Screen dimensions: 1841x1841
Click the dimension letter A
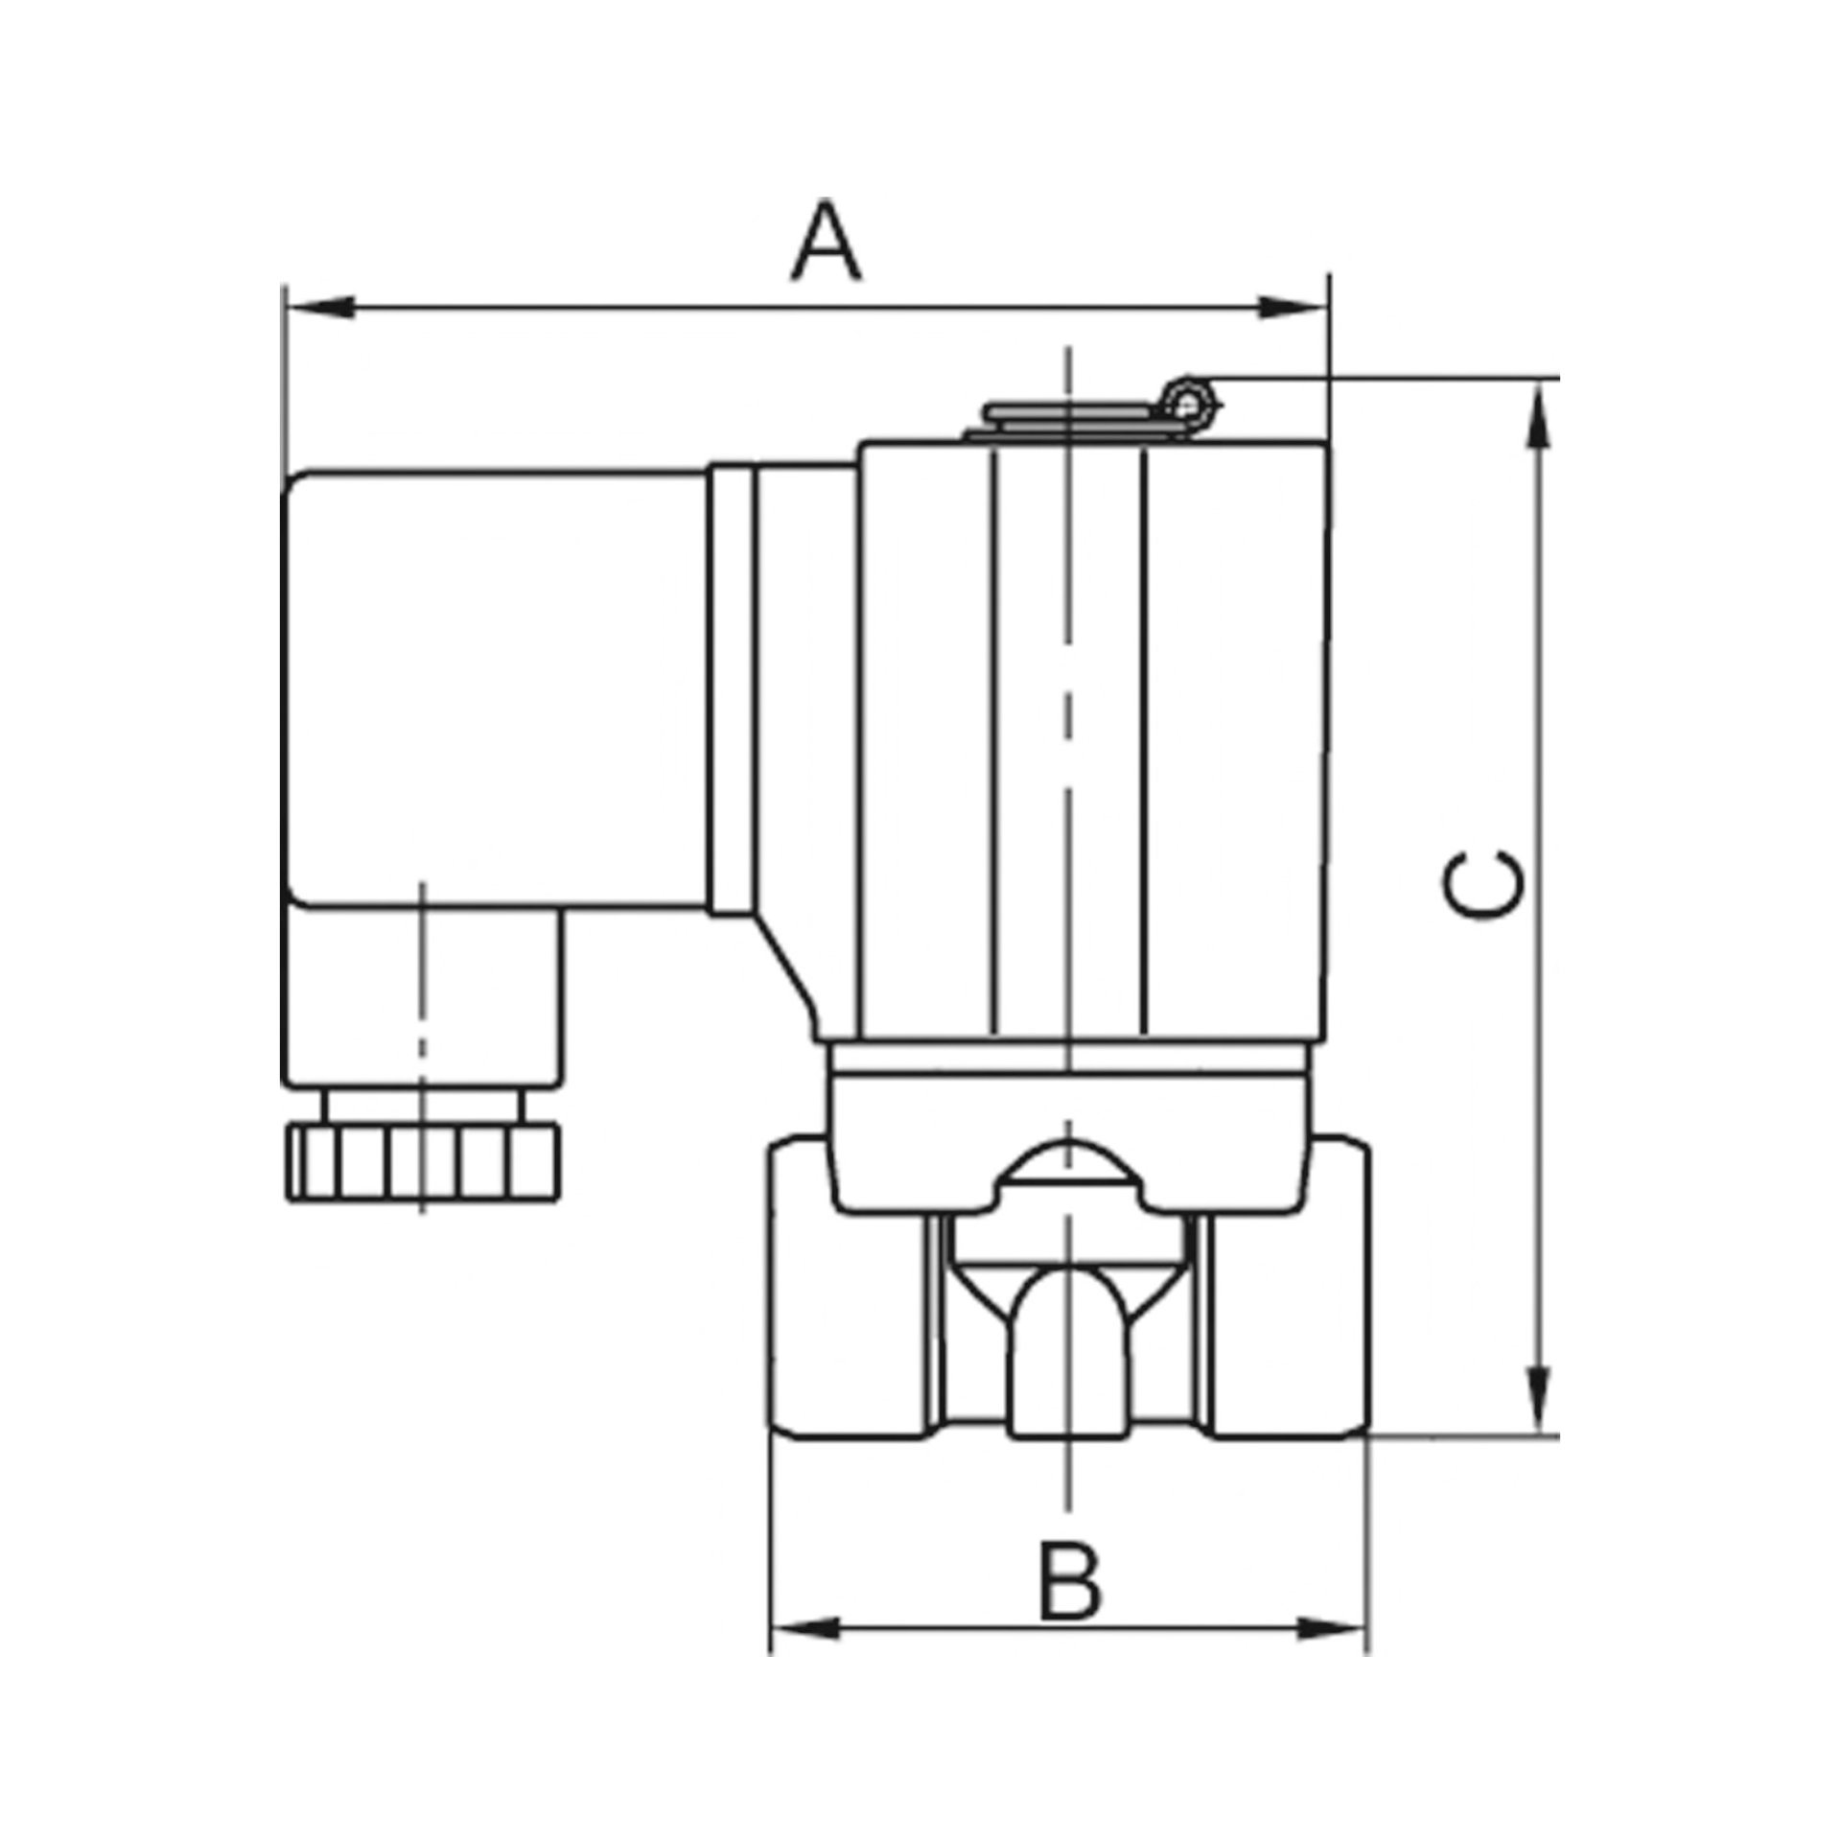pyautogui.click(x=827, y=243)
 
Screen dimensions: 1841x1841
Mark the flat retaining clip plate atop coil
pyautogui.click(x=1074, y=415)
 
